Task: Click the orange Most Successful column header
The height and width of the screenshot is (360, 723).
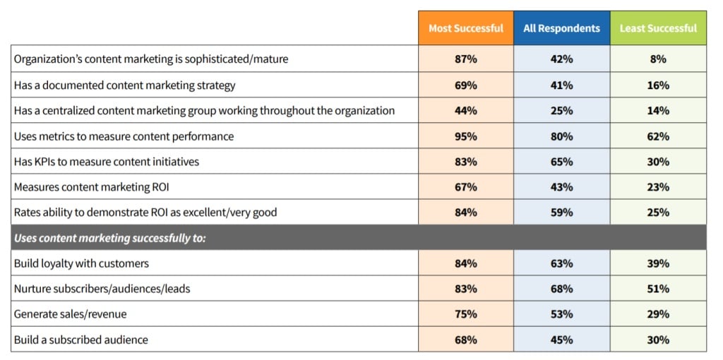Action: [x=466, y=28]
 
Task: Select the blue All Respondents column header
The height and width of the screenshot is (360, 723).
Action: [x=562, y=28]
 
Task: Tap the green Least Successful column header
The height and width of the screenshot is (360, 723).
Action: [x=658, y=28]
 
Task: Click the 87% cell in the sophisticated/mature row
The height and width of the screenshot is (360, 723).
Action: [x=466, y=59]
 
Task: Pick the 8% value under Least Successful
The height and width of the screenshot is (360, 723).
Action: [x=658, y=59]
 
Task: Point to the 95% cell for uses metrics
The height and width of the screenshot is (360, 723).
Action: [x=466, y=136]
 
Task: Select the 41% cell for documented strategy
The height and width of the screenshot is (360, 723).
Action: [x=562, y=85]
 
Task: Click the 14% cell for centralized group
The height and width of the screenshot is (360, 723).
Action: [x=658, y=111]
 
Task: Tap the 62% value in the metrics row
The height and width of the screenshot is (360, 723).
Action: [x=658, y=136]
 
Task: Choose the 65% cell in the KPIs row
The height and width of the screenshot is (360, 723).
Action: [x=562, y=162]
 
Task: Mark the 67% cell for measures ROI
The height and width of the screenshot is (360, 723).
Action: [x=466, y=187]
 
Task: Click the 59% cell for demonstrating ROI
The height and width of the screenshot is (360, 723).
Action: [x=562, y=212]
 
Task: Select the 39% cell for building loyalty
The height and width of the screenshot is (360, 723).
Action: [x=658, y=263]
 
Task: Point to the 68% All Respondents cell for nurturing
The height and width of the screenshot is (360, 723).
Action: [x=562, y=289]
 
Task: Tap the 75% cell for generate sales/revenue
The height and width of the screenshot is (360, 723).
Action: [x=466, y=314]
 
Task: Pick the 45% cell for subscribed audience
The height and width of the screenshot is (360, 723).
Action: [x=562, y=340]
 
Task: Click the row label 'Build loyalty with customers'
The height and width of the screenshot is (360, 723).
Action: [x=81, y=263]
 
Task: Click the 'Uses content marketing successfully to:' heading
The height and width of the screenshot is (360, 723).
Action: [x=110, y=238]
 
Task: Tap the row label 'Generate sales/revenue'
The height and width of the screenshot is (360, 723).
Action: [x=71, y=314]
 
